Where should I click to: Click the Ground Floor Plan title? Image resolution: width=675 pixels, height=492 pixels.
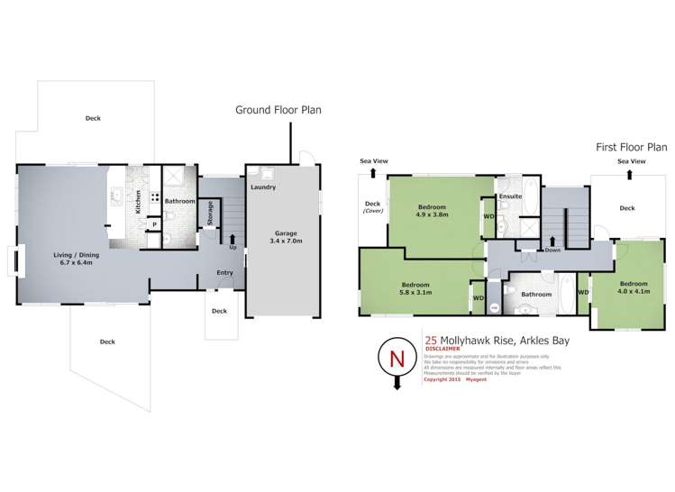[278, 110]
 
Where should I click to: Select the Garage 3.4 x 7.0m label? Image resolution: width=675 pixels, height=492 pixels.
[282, 239]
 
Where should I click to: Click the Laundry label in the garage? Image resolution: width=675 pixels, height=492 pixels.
[263, 187]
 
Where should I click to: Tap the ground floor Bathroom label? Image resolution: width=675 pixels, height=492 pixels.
[179, 201]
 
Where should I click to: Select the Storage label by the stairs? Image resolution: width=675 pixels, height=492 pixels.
[210, 214]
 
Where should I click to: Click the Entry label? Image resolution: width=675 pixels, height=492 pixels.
[225, 272]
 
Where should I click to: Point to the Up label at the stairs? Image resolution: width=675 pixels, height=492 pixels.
[233, 248]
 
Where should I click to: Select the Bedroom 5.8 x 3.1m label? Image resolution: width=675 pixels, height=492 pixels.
[415, 288]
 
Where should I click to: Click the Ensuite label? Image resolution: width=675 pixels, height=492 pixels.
[511, 196]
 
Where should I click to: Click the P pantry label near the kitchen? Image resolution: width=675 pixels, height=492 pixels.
[153, 224]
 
